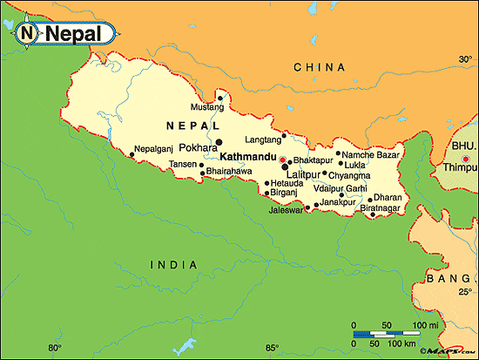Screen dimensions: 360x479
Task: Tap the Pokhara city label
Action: [198, 148]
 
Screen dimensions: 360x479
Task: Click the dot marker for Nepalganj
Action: [132, 154]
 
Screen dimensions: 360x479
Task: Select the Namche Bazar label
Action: [370, 154]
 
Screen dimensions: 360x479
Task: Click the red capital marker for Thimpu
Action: [466, 159]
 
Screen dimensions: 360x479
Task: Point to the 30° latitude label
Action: [465, 59]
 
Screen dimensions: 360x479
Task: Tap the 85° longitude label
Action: [272, 349]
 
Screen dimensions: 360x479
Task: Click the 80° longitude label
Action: [55, 349]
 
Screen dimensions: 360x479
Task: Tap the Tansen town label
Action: [182, 164]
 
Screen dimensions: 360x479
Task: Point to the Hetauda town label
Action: [287, 183]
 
